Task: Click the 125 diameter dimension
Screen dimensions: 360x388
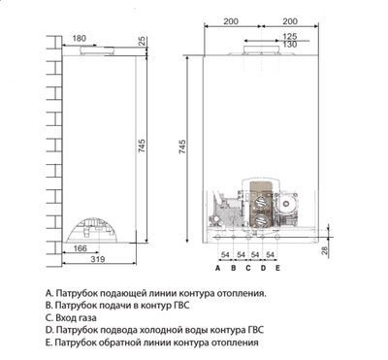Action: pyautogui.click(x=289, y=38)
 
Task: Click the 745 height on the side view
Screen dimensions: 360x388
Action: pyautogui.click(x=144, y=145)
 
